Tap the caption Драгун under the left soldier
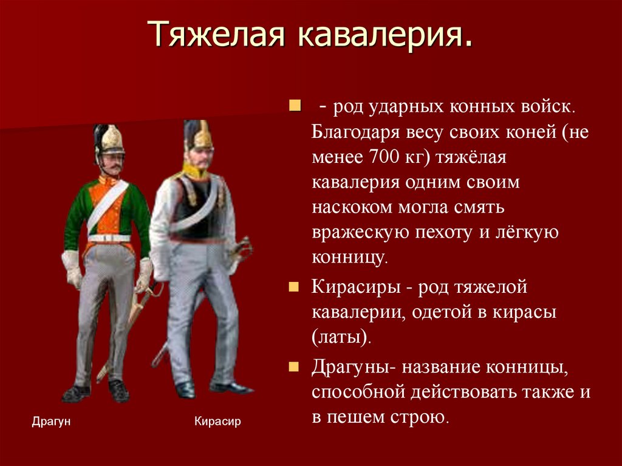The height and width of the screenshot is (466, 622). coord(51,421)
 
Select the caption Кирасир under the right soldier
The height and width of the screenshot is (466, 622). coord(217,421)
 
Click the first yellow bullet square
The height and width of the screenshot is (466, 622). coord(295,107)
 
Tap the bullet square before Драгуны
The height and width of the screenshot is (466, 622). coord(295,367)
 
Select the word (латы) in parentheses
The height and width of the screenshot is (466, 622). coord(341,337)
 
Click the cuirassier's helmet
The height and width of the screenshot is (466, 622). coord(199,135)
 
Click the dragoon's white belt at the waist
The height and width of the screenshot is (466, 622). coord(109,238)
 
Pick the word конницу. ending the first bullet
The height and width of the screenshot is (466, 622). coord(349,258)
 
